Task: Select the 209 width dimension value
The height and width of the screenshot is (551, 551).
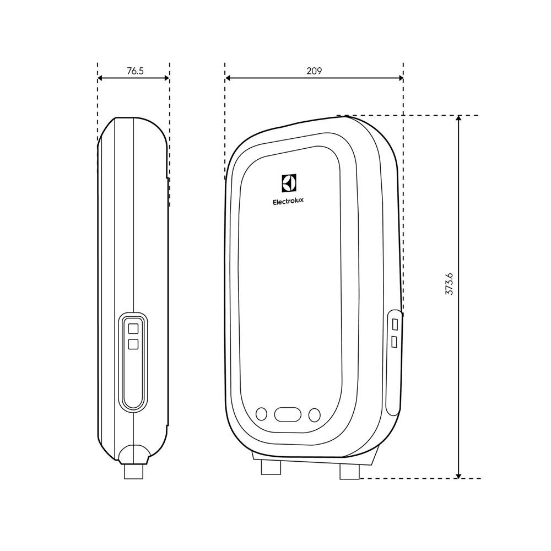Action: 314,71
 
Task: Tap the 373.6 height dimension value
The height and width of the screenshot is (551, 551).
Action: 449,284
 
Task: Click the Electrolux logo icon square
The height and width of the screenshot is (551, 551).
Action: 289,183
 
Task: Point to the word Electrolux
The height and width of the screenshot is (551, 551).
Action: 288,202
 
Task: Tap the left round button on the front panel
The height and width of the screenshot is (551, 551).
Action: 262,414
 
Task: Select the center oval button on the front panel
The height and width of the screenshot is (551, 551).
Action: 288,414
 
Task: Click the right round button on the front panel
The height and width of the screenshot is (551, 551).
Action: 315,414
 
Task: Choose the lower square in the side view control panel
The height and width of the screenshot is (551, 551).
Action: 133,344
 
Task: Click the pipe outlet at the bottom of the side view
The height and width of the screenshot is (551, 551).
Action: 134,471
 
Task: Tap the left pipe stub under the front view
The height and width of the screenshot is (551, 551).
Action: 271,467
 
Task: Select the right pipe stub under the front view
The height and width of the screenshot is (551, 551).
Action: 349,471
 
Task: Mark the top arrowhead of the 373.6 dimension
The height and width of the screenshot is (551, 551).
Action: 458,120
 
